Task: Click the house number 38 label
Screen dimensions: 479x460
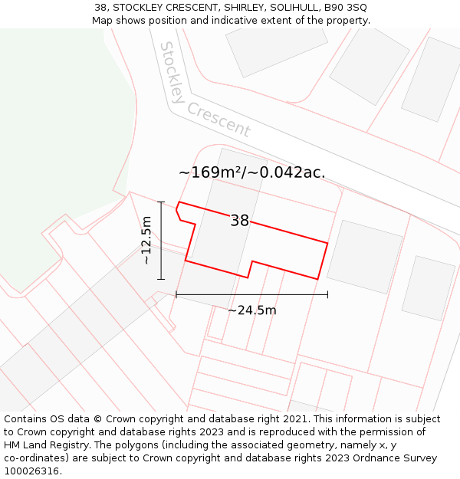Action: (x=239, y=221)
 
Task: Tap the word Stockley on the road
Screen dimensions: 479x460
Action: (x=172, y=73)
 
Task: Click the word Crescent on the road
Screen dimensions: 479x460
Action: (x=219, y=120)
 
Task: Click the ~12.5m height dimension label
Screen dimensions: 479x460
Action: (x=146, y=240)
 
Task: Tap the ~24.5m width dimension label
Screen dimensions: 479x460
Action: (x=251, y=310)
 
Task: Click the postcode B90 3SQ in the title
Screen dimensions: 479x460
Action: (x=346, y=8)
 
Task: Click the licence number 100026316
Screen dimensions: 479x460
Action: (x=33, y=471)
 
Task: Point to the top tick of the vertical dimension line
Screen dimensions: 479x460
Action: (x=161, y=202)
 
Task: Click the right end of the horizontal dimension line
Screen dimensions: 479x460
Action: (x=327, y=294)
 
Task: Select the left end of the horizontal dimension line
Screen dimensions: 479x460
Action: (x=176, y=294)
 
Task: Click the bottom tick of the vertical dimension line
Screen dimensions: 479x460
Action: (x=161, y=279)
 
